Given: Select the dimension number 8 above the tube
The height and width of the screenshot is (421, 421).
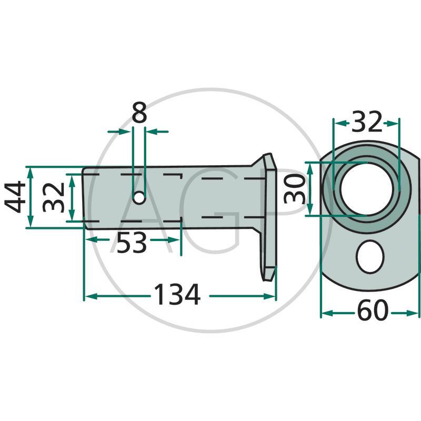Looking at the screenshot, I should point(139,113).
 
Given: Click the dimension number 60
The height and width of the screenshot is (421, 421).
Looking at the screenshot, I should point(372,313).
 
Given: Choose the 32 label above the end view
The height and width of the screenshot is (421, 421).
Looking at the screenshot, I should point(366,123).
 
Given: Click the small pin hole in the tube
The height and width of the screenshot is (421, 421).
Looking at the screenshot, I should point(139,198).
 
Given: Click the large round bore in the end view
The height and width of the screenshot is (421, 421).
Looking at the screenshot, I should point(366,188).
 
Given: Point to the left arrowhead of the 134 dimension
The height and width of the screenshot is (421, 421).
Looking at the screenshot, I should point(89,296).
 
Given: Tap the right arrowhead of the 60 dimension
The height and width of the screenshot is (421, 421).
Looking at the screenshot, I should point(415,313).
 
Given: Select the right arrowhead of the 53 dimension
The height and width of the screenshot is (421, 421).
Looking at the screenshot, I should point(176,240).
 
